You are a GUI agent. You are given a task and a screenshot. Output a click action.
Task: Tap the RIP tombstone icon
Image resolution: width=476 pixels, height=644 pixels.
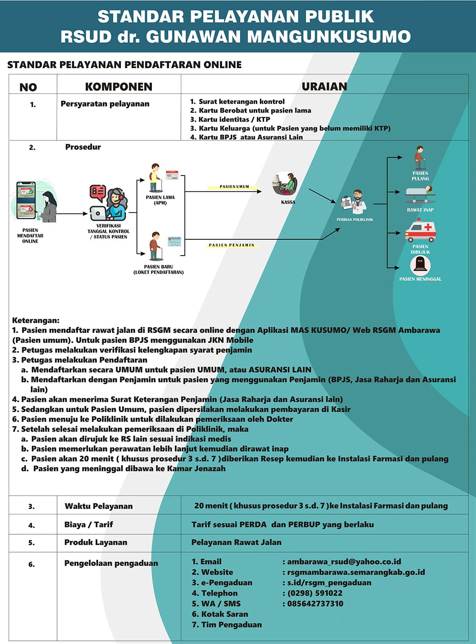420,265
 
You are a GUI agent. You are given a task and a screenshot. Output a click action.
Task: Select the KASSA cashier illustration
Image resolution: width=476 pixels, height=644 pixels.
285,184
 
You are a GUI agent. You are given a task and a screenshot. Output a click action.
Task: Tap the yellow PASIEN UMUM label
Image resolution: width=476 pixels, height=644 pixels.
234,187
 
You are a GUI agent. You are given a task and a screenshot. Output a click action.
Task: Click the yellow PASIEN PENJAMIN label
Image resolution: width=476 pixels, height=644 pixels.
232,245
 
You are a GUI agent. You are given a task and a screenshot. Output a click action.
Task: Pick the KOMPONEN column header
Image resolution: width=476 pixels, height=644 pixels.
119,87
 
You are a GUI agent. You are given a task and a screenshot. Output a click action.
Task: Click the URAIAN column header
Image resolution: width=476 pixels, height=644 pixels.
324,86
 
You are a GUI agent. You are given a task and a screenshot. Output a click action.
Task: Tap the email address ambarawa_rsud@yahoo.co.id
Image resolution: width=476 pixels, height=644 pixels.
344,562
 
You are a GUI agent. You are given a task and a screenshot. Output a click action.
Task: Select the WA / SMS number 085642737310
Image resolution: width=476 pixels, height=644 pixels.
315,604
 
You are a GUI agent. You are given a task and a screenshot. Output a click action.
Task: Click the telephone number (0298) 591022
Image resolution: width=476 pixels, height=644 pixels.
315,593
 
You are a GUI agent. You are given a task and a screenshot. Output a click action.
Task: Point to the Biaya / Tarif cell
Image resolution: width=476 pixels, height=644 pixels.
88,524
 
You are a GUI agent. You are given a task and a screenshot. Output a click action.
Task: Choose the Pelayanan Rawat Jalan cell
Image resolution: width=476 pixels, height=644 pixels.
236,543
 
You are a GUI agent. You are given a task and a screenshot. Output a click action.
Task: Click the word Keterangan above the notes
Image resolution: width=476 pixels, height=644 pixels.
36,321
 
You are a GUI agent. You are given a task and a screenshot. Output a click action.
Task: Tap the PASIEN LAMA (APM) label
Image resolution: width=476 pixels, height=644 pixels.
160,200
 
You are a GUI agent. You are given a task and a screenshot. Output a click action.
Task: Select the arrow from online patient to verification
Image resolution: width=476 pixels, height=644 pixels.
72,214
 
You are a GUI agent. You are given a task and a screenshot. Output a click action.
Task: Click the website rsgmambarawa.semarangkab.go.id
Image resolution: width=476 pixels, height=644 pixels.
356,572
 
